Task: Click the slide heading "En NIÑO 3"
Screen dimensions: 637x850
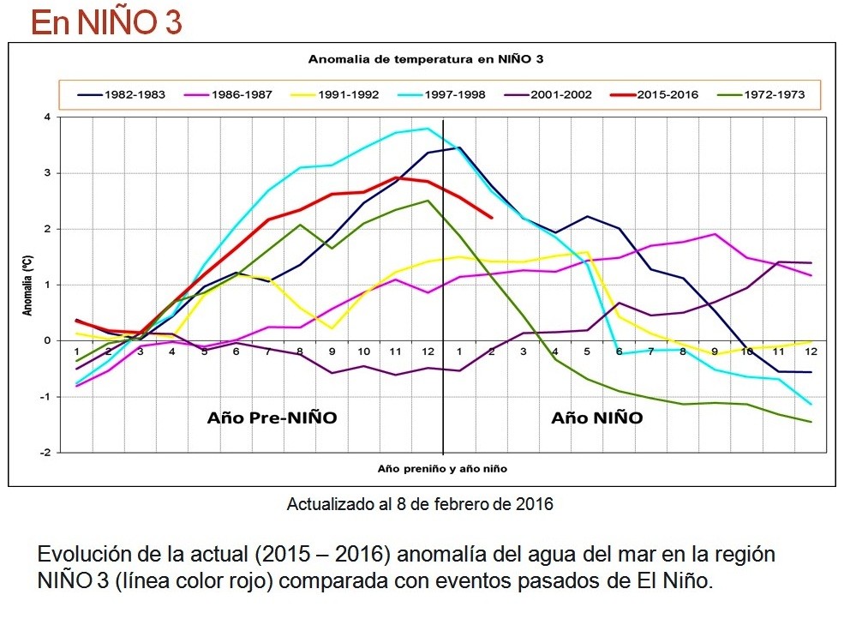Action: pyautogui.click(x=106, y=22)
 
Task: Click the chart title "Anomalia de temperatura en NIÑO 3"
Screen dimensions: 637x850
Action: pyautogui.click(x=426, y=59)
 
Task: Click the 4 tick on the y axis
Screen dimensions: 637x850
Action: pyautogui.click(x=47, y=117)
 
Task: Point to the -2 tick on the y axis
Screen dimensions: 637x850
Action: pyautogui.click(x=45, y=453)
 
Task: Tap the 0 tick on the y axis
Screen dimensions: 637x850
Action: pyautogui.click(x=47, y=341)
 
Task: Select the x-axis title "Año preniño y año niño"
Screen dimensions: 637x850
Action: pyautogui.click(x=443, y=469)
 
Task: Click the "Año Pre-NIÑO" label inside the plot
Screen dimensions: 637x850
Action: pyautogui.click(x=272, y=418)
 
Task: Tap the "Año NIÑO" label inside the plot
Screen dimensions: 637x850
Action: pyautogui.click(x=596, y=418)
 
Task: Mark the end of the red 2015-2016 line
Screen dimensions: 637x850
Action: pyautogui.click(x=492, y=218)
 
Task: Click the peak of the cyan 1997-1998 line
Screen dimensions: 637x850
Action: pyautogui.click(x=427, y=129)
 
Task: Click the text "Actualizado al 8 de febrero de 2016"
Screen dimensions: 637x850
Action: pyautogui.click(x=420, y=504)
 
